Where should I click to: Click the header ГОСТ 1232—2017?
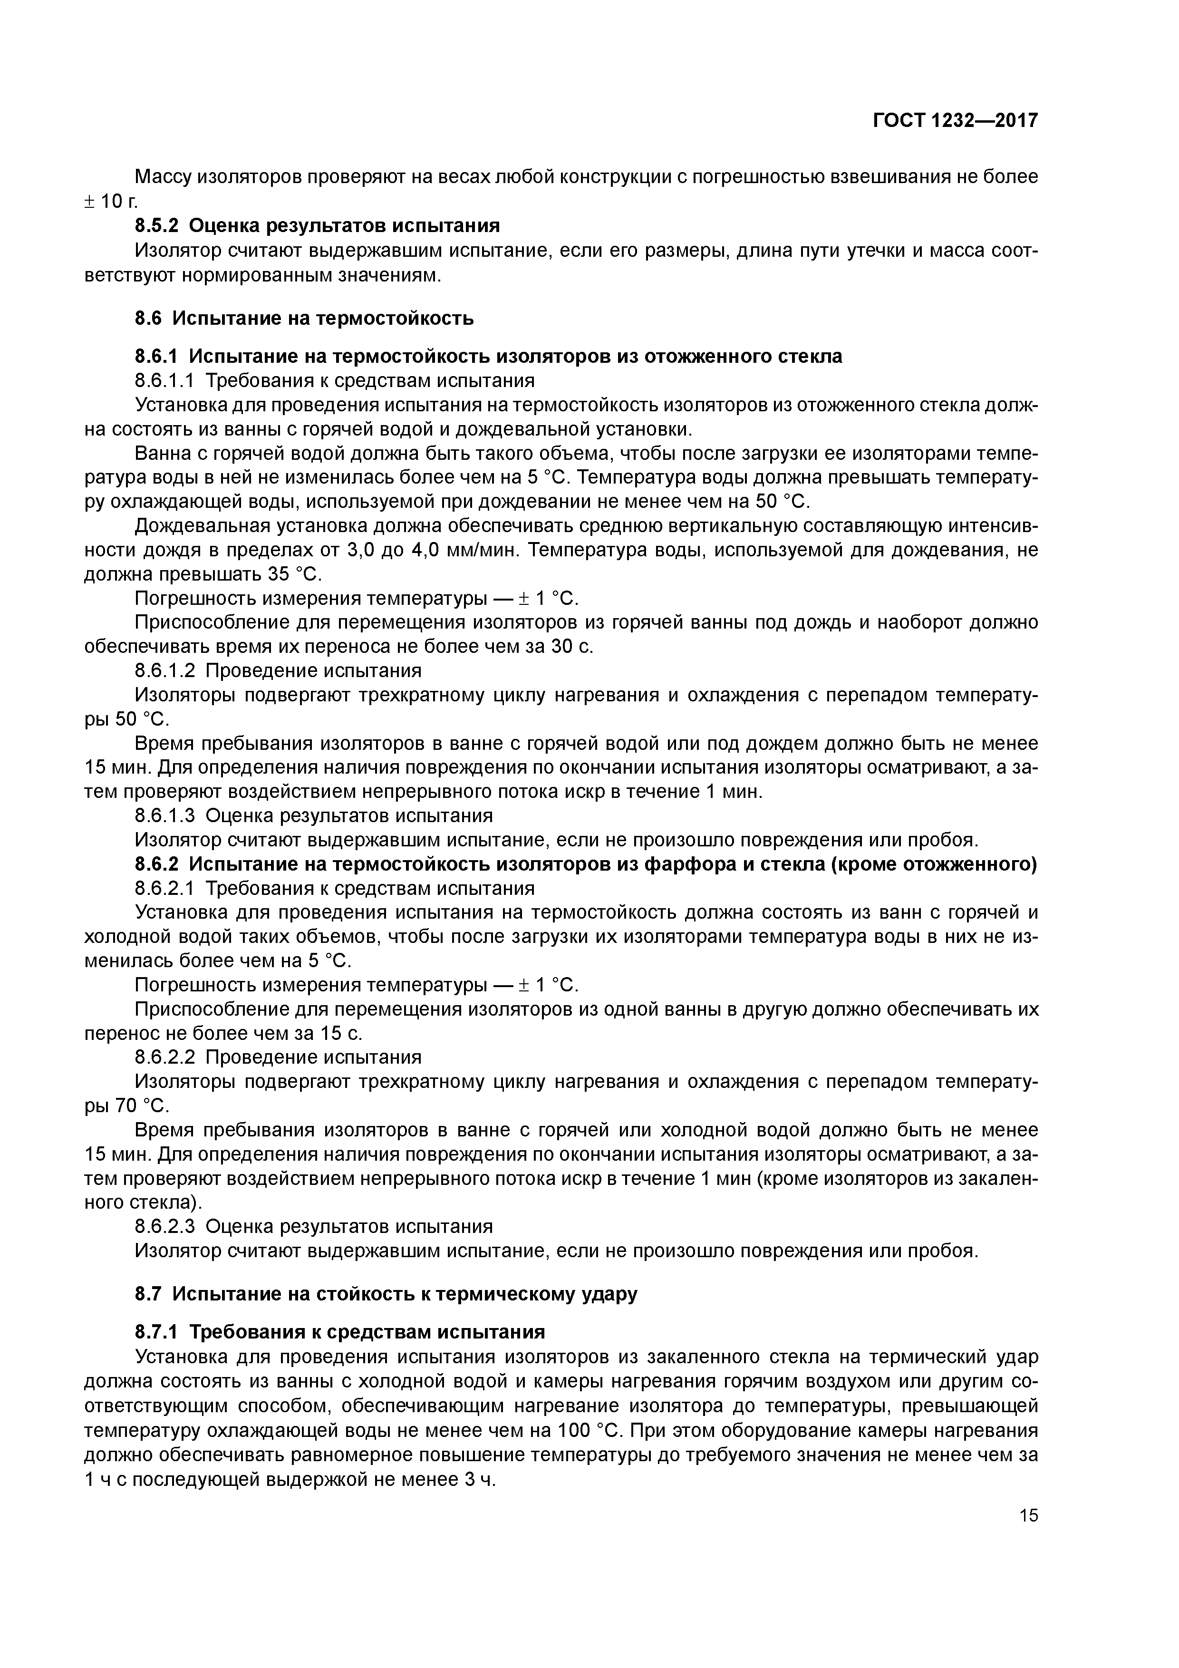point(955,121)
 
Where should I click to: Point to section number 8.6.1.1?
point(165,381)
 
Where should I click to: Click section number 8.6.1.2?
point(165,670)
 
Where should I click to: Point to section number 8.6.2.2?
point(165,1057)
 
